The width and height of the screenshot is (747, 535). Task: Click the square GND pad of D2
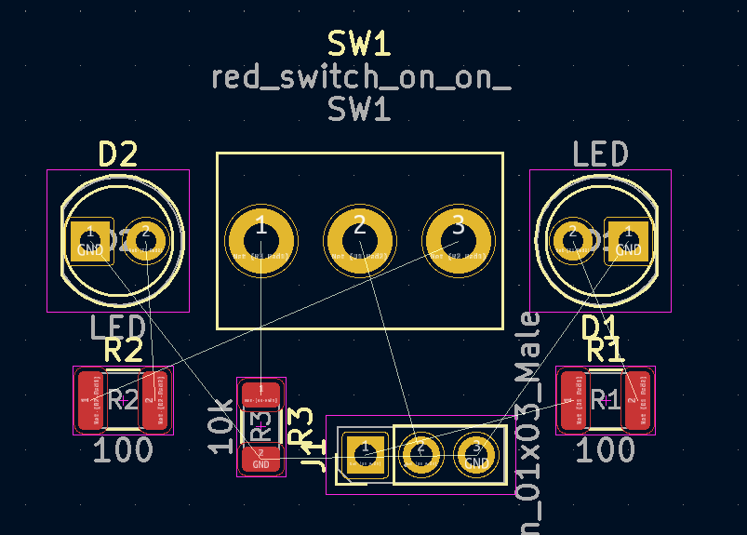point(90,241)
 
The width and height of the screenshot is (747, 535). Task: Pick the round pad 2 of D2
point(145,241)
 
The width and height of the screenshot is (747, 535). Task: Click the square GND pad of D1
point(628,241)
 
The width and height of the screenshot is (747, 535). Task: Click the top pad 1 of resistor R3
point(261,393)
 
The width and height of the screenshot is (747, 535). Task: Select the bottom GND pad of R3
point(261,459)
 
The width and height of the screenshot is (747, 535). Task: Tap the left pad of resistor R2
point(90,400)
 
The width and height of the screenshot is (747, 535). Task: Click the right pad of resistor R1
point(637,400)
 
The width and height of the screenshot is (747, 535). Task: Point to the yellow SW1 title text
point(358,44)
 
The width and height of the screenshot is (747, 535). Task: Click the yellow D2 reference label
point(118,154)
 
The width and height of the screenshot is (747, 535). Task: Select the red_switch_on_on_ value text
point(361,77)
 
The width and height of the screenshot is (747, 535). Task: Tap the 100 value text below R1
point(607,451)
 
